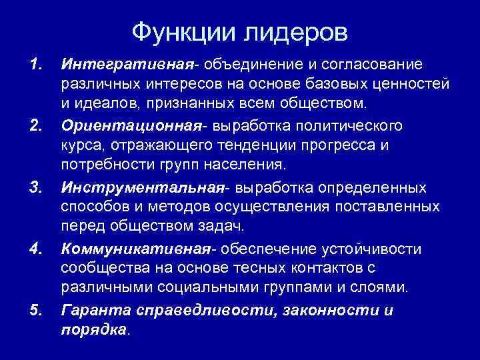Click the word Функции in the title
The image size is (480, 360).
[176, 31]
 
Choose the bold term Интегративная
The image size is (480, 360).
[126, 65]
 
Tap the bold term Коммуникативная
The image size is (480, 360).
[135, 249]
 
